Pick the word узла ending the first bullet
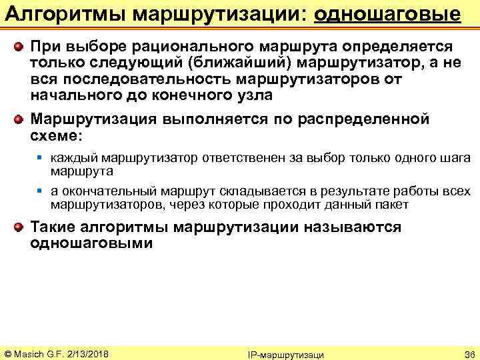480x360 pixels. click(251, 95)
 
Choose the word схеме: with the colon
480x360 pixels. click(57, 135)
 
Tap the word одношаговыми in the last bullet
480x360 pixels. click(91, 243)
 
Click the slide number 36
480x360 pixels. click(468, 353)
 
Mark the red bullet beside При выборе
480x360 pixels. click(20, 47)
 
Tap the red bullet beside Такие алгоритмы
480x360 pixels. click(20, 227)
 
